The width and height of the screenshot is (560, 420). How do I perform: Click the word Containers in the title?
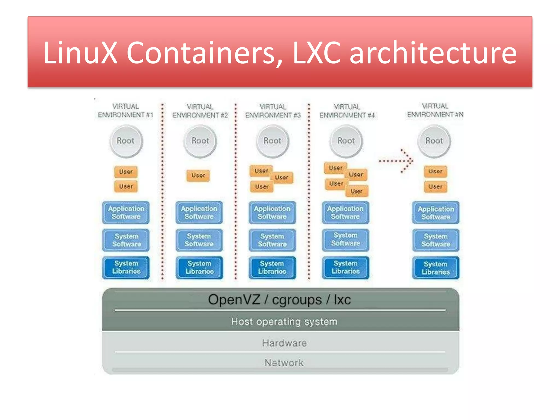coord(201,53)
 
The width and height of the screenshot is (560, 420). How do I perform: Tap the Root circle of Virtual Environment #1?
coord(126,141)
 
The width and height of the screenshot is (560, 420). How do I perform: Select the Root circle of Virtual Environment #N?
coord(434,141)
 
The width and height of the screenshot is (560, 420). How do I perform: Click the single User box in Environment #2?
coord(198,175)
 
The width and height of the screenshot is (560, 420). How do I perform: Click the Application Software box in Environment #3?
coord(272,212)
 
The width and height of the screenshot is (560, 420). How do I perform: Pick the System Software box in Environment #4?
coord(345,240)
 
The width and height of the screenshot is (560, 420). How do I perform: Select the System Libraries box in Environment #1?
coord(126,267)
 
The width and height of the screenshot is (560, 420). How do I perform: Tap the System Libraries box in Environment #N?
coord(436,268)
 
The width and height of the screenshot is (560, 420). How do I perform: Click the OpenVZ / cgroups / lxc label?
coord(279,300)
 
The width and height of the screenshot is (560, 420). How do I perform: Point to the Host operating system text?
coord(284,322)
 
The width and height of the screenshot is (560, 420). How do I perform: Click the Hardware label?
coord(284,343)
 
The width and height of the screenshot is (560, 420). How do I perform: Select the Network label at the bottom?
coord(284,363)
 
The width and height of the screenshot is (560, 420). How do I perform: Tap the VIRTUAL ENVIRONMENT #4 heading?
coord(347,111)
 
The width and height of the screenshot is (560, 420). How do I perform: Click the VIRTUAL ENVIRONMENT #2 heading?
coord(200,111)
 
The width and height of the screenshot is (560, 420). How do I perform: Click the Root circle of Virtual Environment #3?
coord(272,141)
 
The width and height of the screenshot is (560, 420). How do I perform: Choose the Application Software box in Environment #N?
coord(436,213)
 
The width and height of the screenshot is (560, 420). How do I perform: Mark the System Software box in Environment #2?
coord(199,240)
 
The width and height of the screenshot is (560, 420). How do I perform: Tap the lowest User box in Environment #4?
coord(356,191)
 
